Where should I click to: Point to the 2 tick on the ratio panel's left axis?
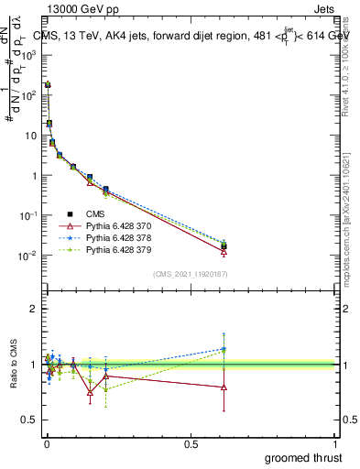click(34, 309)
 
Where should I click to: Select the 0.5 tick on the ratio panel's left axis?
click(31, 420)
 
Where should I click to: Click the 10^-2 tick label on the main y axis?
click(27, 256)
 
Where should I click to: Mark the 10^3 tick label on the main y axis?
click(27, 55)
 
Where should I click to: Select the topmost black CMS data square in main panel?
click(48, 84)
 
